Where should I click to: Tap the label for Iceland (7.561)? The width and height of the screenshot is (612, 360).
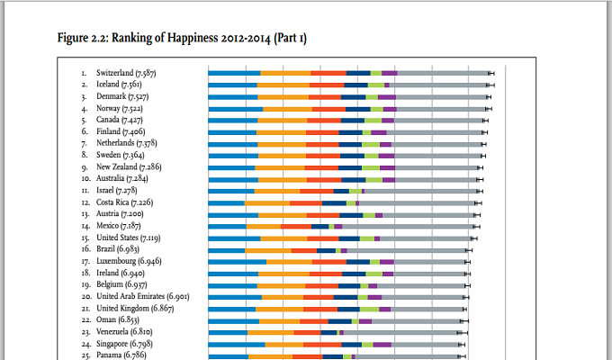point(121,85)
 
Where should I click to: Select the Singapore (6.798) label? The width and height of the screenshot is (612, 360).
point(124,344)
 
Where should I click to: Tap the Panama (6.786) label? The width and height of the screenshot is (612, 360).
point(121,355)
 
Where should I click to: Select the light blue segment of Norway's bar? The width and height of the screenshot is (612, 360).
point(235,108)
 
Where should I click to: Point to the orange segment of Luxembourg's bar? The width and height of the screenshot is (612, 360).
point(289,262)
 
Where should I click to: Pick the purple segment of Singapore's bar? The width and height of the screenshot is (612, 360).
point(382,344)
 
